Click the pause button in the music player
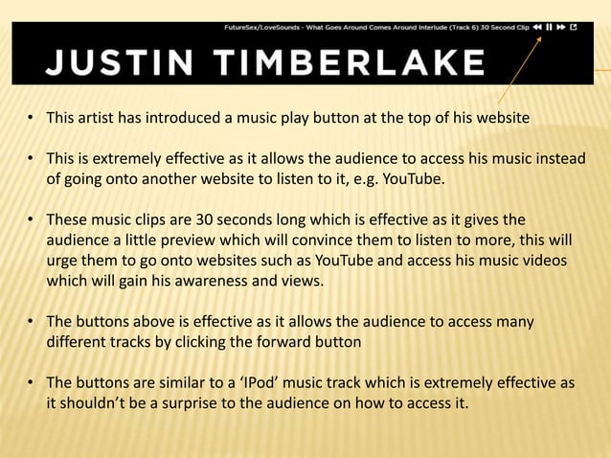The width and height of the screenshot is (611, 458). tap(548, 28)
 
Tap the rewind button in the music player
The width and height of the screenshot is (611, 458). tap(536, 28)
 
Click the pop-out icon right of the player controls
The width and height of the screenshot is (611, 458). tap(574, 28)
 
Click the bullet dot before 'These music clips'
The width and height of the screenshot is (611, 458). tap(32, 221)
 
